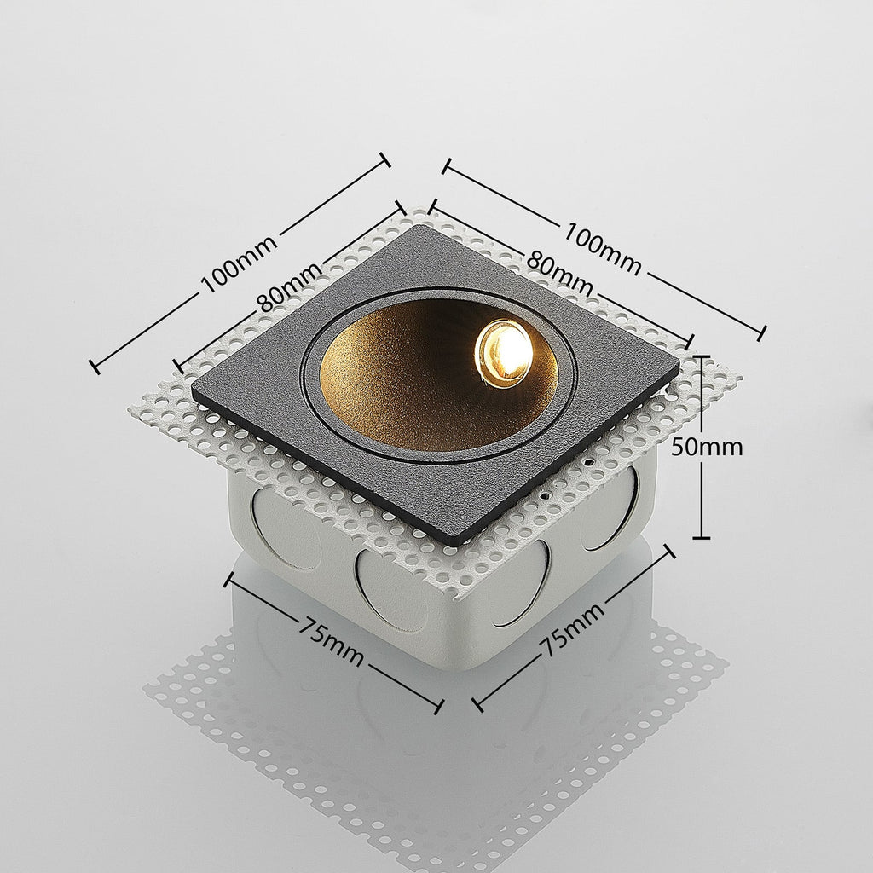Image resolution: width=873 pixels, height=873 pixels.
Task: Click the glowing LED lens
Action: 505,352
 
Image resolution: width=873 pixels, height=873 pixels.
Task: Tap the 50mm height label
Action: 707,447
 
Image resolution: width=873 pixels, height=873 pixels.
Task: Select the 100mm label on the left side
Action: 239,264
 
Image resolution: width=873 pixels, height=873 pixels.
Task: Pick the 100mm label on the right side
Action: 603,248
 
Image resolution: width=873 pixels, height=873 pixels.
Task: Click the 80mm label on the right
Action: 559,274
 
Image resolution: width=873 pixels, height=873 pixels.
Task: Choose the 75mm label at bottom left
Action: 331,641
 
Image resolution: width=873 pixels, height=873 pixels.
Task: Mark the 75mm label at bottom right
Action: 573,628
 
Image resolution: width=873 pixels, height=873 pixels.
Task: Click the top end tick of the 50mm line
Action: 701,356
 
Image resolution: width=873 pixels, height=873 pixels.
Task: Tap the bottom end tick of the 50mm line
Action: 701,538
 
